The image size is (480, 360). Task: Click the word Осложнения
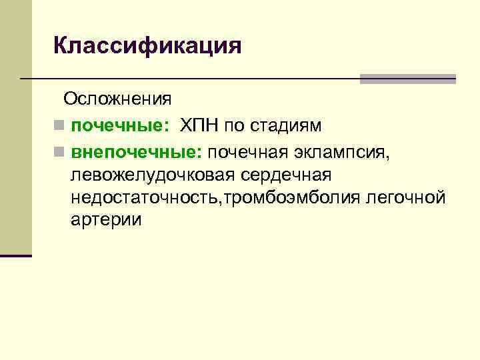pos(117,100)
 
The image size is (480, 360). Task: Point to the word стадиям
pos(291,125)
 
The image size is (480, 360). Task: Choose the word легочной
pos(406,198)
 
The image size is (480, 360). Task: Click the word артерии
pos(106,221)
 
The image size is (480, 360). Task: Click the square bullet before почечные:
pos(59,126)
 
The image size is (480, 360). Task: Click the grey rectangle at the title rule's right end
pos(407,79)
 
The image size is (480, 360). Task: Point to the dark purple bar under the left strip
pos(15,255)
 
